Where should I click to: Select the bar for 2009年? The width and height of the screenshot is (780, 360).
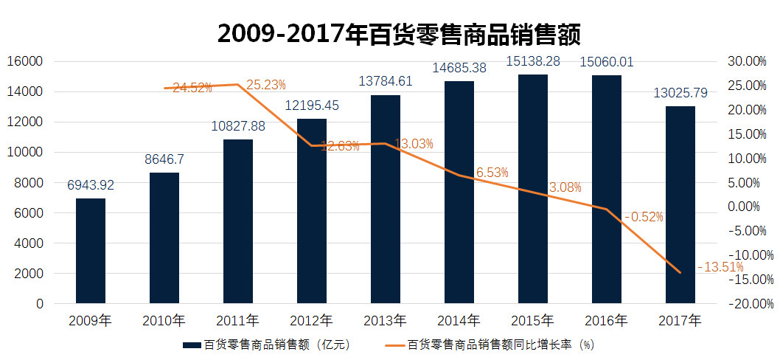click(90, 251)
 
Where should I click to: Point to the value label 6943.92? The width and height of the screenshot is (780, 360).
click(90, 185)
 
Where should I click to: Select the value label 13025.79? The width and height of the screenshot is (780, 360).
click(680, 94)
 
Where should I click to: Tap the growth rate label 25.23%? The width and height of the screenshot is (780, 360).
click(265, 85)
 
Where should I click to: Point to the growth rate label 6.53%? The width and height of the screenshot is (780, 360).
click(492, 173)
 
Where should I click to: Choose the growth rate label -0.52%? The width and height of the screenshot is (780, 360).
click(644, 217)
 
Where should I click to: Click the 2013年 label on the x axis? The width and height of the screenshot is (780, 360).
click(385, 321)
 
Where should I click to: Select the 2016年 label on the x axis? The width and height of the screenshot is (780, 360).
click(606, 321)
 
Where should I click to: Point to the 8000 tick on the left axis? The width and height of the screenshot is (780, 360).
click(29, 183)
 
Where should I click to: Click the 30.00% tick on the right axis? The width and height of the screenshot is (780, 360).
click(746, 61)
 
